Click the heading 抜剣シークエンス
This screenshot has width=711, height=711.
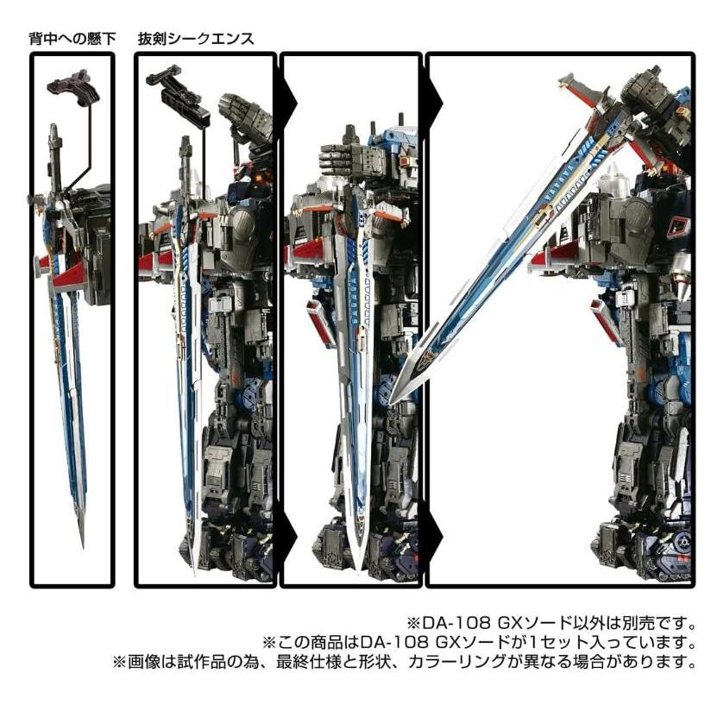point(196,39)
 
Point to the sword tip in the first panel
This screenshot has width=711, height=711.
point(82,542)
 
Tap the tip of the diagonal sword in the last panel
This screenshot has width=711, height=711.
point(393,400)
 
